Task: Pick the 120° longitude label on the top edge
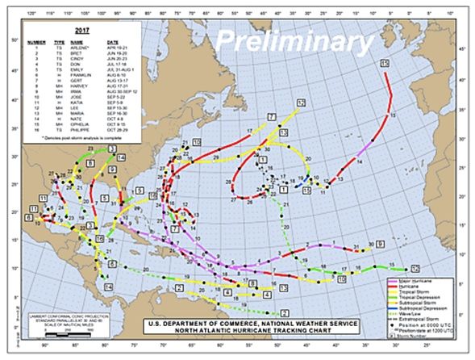pyautogui.click(x=30, y=11)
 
